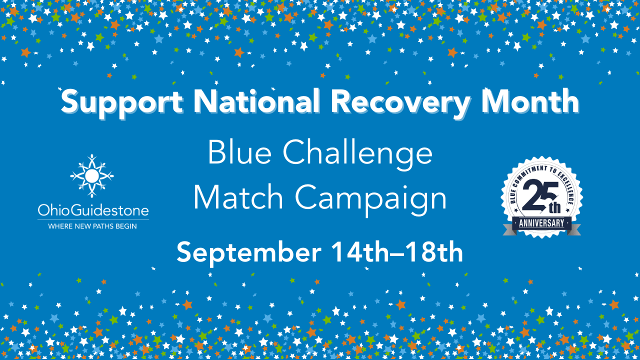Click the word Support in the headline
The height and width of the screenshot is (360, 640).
point(122,103)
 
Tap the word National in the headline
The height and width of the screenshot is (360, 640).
point(256,100)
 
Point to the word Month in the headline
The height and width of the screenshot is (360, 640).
point(530,100)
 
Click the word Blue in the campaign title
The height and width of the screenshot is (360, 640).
point(239,152)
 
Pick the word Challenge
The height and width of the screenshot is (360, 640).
point(357,155)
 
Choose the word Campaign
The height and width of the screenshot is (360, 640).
point(371,199)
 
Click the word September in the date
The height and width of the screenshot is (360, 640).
point(249,253)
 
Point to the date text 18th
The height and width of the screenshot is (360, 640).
point(433,251)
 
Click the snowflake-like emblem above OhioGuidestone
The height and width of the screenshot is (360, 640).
point(91,176)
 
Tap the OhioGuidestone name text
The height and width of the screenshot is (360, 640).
point(93,210)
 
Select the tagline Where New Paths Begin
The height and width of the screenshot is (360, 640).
point(92,226)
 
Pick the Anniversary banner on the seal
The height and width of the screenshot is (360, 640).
point(541,223)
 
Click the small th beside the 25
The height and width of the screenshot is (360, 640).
point(554,208)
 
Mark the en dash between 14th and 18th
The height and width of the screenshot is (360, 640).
point(397,253)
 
